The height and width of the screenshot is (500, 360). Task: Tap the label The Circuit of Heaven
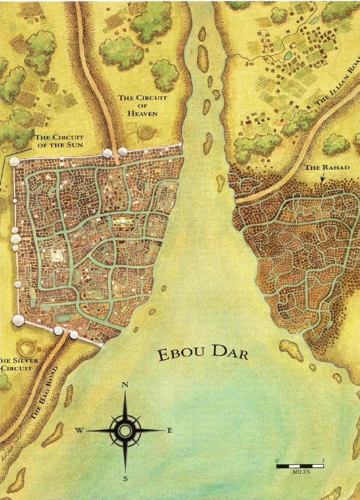coord(143,105)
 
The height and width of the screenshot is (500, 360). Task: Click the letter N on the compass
coord(125,385)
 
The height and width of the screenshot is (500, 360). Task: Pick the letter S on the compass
coord(125,479)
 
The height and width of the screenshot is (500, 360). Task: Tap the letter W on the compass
coord(79,431)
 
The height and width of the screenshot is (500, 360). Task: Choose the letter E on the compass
coord(169,431)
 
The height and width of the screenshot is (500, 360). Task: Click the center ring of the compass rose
coord(125,430)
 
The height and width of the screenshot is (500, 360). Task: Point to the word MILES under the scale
coord(301,472)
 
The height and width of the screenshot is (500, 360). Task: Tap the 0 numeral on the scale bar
coord(278,460)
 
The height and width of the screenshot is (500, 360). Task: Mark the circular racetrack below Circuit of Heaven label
coord(146,132)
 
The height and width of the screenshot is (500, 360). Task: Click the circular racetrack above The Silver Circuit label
coord(25,347)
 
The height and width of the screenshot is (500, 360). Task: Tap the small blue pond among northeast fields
coord(288,56)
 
